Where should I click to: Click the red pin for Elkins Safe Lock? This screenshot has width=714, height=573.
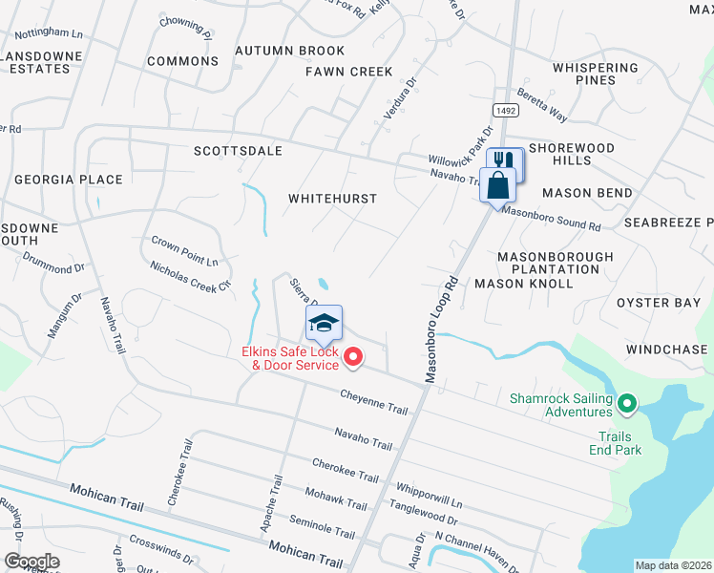pyautogui.click(x=353, y=357)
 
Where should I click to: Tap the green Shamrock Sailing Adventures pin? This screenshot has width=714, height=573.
pyautogui.click(x=626, y=405)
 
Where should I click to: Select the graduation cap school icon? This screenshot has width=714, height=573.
pyautogui.click(x=324, y=325)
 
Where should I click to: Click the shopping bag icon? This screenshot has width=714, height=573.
pyautogui.click(x=498, y=183)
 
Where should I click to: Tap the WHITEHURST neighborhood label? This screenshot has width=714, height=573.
pyautogui.click(x=333, y=199)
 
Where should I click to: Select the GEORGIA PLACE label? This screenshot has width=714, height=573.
pyautogui.click(x=68, y=180)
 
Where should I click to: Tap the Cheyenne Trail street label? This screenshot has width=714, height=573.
pyautogui.click(x=374, y=402)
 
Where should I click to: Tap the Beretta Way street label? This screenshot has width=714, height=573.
pyautogui.click(x=542, y=106)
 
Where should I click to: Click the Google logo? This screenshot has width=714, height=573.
pyautogui.click(x=31, y=561)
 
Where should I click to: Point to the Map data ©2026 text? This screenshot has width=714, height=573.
pyautogui.click(x=674, y=565)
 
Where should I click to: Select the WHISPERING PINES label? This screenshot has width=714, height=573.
pyautogui.click(x=595, y=74)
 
